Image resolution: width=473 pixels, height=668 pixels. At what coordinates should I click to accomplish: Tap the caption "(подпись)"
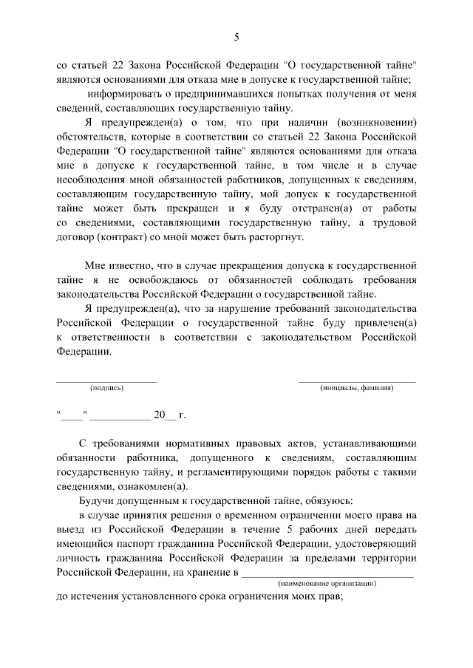pos(106,388)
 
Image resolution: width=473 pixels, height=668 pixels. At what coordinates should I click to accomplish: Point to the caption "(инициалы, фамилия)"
pos(356,388)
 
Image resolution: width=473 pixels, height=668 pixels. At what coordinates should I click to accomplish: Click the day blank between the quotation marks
pos(73,415)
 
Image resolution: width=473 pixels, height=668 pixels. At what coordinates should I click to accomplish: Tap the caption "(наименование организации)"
pos(327,584)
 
